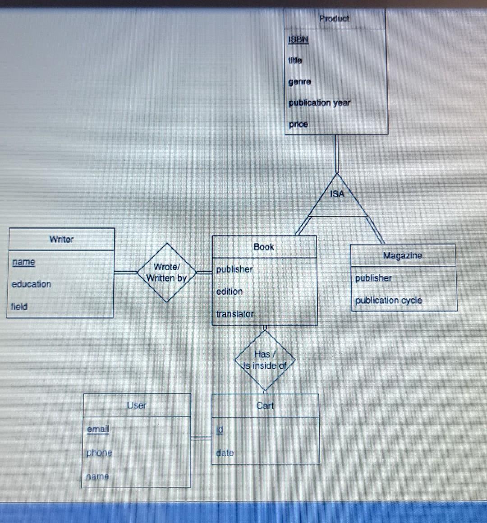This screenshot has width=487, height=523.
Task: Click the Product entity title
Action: pyautogui.click(x=334, y=19)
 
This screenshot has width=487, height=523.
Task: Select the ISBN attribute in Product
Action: pyautogui.click(x=298, y=40)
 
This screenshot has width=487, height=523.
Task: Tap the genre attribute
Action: pyautogui.click(x=299, y=82)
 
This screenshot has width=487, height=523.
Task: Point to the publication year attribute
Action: pyautogui.click(x=319, y=103)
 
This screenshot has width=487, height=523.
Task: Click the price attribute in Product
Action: pyautogui.click(x=298, y=124)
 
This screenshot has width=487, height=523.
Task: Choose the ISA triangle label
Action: pyautogui.click(x=337, y=194)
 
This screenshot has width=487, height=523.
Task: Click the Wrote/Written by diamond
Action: pyautogui.click(x=167, y=273)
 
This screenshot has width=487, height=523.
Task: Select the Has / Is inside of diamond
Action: pyautogui.click(x=265, y=360)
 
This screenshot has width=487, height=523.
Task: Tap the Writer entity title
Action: pyautogui.click(x=61, y=239)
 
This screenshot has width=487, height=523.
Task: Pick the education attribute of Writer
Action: pyautogui.click(x=31, y=284)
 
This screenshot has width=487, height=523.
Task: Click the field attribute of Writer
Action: pyautogui.click(x=19, y=307)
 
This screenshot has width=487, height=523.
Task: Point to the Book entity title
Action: pyautogui.click(x=264, y=247)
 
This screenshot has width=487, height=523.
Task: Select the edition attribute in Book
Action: pyautogui.click(x=229, y=292)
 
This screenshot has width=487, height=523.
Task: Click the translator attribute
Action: pyautogui.click(x=234, y=314)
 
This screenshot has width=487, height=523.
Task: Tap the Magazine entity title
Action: pyautogui.click(x=402, y=255)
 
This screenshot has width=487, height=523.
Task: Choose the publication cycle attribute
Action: pyautogui.click(x=388, y=301)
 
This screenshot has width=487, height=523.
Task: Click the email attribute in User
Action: pyautogui.click(x=98, y=429)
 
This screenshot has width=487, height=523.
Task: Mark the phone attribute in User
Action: pyautogui.click(x=99, y=453)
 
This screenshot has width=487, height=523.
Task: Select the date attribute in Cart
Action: pyautogui.click(x=225, y=453)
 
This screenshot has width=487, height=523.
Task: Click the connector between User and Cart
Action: pyautogui.click(x=201, y=437)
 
